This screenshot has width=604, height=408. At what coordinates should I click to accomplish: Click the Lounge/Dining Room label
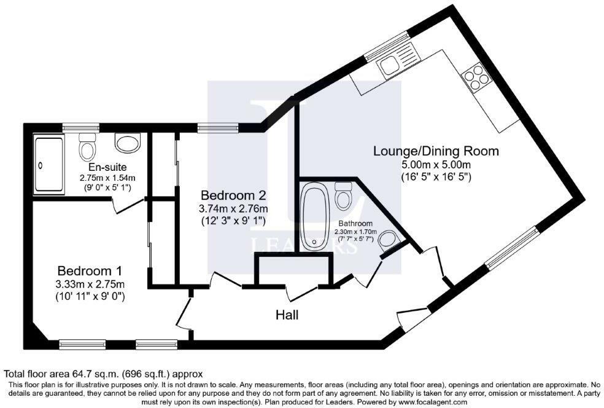click(x=436, y=151)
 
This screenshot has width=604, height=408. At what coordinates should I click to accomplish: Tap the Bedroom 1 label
click(x=90, y=270)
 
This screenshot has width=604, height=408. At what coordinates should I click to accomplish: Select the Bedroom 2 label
click(x=233, y=195)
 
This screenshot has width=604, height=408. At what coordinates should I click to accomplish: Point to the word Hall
click(x=287, y=315)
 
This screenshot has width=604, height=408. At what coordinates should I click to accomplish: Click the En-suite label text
click(x=107, y=167)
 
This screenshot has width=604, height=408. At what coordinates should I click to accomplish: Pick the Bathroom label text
click(x=355, y=223)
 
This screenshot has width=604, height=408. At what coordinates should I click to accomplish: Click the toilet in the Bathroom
click(x=343, y=195)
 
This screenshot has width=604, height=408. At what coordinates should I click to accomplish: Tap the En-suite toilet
click(x=87, y=147)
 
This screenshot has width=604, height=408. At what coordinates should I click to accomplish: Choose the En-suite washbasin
click(x=126, y=143)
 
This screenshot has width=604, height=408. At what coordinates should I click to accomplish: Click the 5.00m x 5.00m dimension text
click(x=436, y=165)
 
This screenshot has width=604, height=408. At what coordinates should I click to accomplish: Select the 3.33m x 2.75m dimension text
click(x=90, y=284)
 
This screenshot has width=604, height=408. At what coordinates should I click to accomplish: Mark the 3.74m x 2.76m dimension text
click(x=233, y=209)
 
